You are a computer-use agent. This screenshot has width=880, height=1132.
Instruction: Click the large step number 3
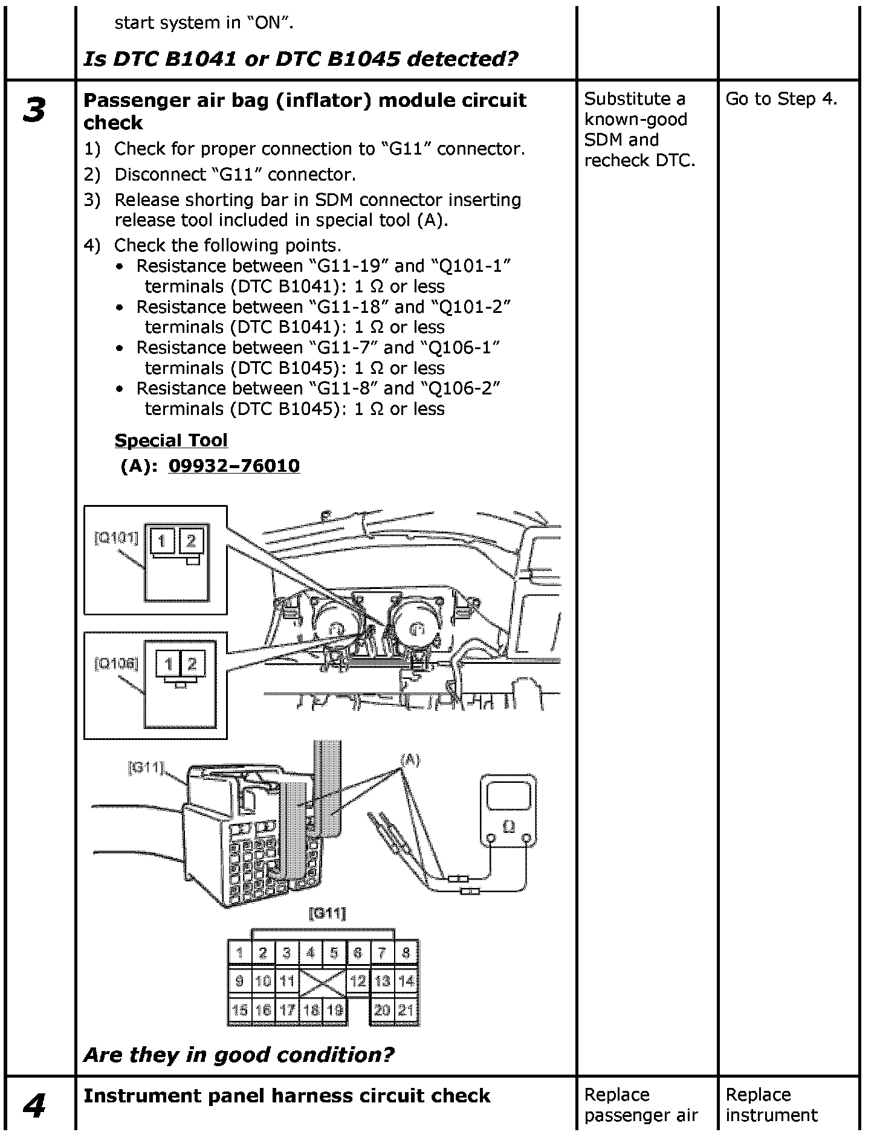tap(34, 111)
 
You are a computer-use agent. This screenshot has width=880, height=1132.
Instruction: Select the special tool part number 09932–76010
tap(234, 466)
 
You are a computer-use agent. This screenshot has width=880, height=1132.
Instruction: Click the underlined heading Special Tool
tap(171, 440)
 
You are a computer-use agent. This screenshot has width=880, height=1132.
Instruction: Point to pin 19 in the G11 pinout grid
tap(334, 1009)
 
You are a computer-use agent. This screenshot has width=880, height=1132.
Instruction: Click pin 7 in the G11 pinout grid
tap(382, 953)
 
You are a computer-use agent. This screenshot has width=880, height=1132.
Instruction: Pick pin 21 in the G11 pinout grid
tap(406, 1009)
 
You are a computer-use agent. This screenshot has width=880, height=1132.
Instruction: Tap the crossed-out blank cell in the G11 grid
tap(323, 982)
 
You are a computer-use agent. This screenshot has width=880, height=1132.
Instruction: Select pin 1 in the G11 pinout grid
tap(239, 953)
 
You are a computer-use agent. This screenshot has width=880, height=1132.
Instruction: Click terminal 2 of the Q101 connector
tap(192, 541)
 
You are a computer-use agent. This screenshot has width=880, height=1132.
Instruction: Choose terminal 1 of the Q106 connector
tap(169, 664)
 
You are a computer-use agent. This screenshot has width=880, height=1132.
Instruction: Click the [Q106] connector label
tap(116, 664)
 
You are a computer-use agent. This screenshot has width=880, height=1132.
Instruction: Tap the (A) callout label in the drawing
tap(410, 761)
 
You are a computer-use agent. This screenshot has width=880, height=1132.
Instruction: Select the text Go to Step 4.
tap(781, 99)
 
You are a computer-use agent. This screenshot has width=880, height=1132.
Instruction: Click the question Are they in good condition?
tap(239, 1055)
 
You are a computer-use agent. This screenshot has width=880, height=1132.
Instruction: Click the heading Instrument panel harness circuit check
tap(286, 1095)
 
